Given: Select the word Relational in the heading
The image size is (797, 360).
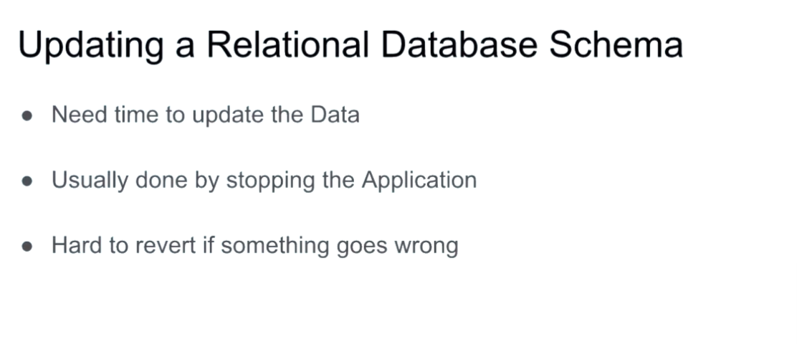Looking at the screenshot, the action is pyautogui.click(x=287, y=44).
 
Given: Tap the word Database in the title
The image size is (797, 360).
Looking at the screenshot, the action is pyautogui.click(x=459, y=44).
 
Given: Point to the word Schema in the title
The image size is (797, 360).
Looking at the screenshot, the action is pyautogui.click(x=616, y=44).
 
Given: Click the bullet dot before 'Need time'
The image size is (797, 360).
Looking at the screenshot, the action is pyautogui.click(x=27, y=116).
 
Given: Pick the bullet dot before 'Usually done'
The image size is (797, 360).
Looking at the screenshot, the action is pyautogui.click(x=27, y=181).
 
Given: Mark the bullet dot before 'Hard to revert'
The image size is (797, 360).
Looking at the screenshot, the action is pyautogui.click(x=27, y=247).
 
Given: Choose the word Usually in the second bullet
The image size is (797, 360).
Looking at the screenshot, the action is pyautogui.click(x=90, y=181).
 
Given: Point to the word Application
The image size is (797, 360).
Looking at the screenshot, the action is pyautogui.click(x=419, y=181).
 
